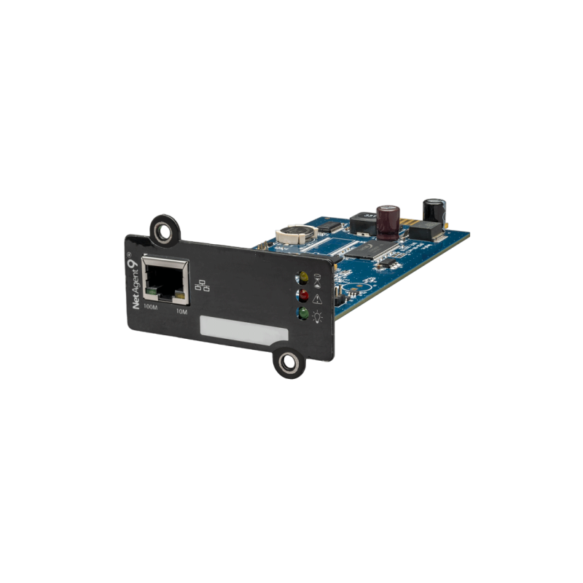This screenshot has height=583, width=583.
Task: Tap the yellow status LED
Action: coord(299,277)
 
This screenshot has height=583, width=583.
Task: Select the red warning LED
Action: coord(300,295)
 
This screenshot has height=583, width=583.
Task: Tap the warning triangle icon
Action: coord(316,297)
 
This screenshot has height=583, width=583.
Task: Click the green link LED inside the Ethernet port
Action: coord(153,294)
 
